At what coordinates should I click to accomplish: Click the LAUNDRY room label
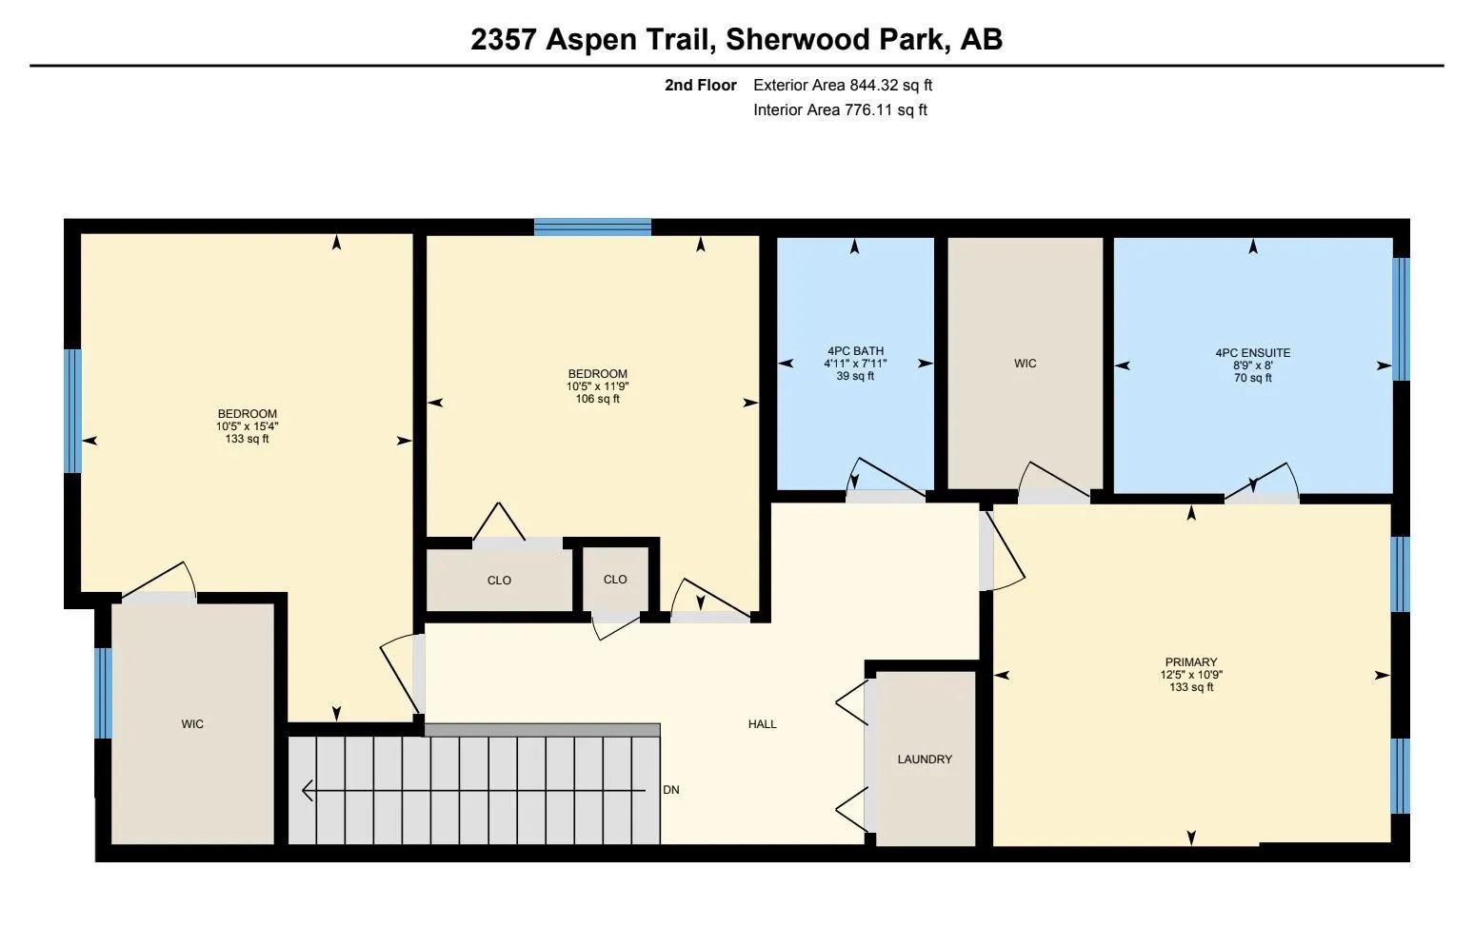tap(924, 759)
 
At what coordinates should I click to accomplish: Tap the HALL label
tap(762, 724)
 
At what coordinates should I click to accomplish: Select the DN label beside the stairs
tap(671, 790)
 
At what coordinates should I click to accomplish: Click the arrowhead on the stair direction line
tap(307, 790)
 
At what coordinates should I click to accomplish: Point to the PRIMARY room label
tap(1190, 662)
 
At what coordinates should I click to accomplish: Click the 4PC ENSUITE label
tap(1252, 353)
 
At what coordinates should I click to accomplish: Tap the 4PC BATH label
tap(855, 351)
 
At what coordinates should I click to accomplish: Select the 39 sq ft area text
tap(855, 376)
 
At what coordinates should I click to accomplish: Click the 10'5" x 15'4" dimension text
tap(247, 426)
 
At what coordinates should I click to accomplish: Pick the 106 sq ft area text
tap(597, 399)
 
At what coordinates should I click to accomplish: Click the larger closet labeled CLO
tap(499, 581)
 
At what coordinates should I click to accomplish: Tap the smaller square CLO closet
tap(615, 580)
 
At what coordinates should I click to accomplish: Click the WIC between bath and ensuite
tap(1025, 364)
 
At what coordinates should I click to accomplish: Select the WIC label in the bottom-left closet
tap(192, 724)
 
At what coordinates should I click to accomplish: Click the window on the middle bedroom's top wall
tap(592, 227)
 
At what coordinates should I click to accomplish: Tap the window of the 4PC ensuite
tap(1401, 319)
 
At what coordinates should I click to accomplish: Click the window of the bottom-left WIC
tap(103, 693)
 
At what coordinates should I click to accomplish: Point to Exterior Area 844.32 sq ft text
tap(842, 85)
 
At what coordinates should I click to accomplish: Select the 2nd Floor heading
tap(700, 85)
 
